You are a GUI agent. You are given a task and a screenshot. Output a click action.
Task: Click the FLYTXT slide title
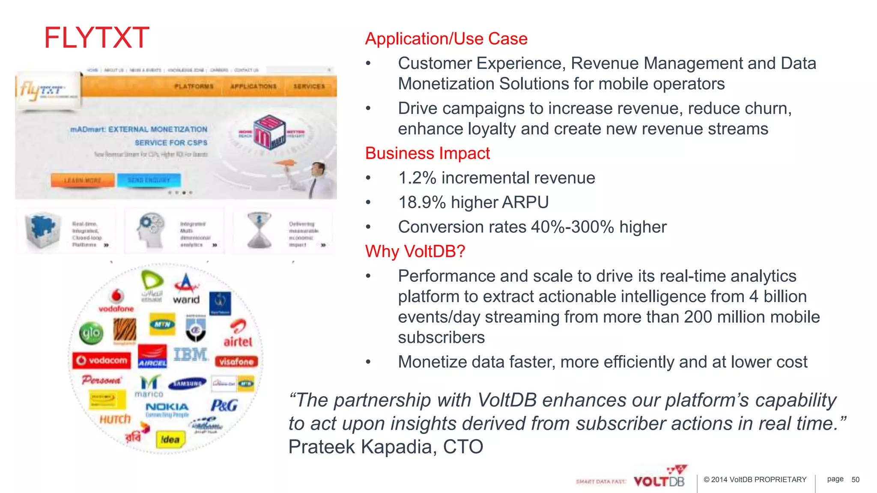click(x=97, y=38)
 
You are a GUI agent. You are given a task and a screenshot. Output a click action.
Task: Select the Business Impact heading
click(x=427, y=153)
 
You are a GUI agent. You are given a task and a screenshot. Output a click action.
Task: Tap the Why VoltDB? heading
click(x=415, y=251)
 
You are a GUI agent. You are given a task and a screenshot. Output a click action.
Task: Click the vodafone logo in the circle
click(x=116, y=301)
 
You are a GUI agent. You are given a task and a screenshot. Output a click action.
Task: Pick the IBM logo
click(x=191, y=354)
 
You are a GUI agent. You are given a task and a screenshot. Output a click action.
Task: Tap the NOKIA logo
click(x=167, y=407)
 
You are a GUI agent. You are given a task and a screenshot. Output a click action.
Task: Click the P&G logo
click(x=224, y=405)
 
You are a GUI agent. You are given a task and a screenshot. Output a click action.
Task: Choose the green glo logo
click(x=91, y=333)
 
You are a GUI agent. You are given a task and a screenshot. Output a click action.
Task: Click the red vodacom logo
click(x=102, y=360)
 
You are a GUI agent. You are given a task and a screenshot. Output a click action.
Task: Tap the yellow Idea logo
click(x=170, y=440)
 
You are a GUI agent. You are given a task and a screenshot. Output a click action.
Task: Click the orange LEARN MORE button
click(x=83, y=181)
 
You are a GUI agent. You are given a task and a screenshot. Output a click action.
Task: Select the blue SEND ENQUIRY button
click(x=149, y=180)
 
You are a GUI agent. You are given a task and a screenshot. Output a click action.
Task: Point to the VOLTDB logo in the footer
click(x=659, y=480)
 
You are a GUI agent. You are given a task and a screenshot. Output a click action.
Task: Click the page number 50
click(x=855, y=480)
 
